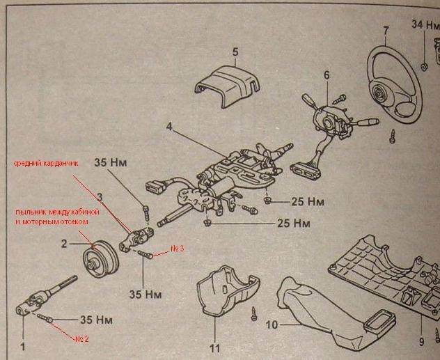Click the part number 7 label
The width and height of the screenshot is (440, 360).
(385, 30)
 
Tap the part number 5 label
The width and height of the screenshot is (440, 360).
(235, 52)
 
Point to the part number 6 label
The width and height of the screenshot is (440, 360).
(326, 75)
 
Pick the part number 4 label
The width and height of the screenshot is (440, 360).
(169, 127)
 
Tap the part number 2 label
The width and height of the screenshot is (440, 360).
(63, 244)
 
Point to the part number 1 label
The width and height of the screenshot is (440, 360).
(23, 345)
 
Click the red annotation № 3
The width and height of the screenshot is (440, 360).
(178, 249)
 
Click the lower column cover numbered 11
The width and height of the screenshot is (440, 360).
(224, 293)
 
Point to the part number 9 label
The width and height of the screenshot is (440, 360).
(421, 342)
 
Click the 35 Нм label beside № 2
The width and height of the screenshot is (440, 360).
(96, 321)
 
